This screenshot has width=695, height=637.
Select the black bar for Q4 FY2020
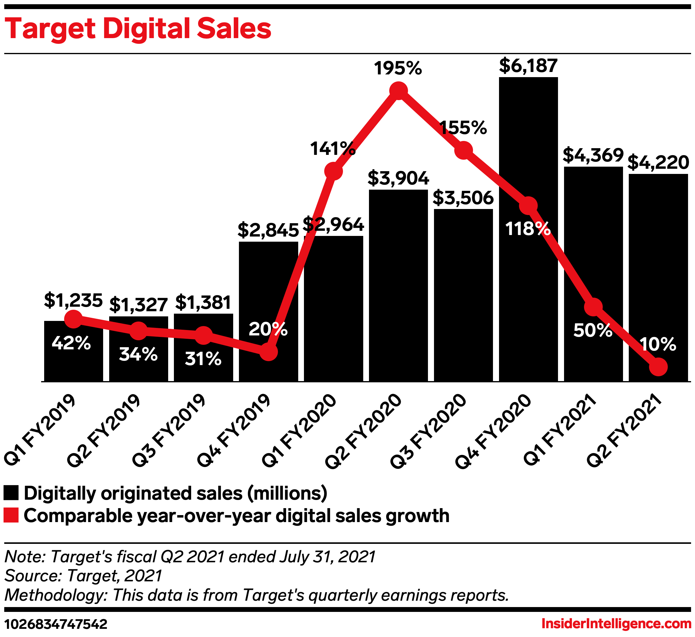point(528,293)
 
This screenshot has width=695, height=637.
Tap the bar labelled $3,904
point(398,286)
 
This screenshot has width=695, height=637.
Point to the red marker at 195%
point(399,91)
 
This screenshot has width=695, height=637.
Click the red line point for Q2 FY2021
point(658,367)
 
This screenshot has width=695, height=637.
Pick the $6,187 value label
point(528,66)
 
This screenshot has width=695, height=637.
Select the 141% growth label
point(333,149)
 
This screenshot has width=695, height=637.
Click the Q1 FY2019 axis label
point(40,431)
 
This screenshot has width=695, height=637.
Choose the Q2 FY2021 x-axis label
point(624,431)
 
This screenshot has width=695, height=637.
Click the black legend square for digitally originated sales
point(11,493)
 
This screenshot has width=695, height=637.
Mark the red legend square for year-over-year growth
point(11,515)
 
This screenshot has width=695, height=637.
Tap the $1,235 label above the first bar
point(73,301)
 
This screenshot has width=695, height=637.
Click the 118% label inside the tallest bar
point(527,229)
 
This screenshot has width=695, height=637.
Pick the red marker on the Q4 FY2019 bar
point(268,352)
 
